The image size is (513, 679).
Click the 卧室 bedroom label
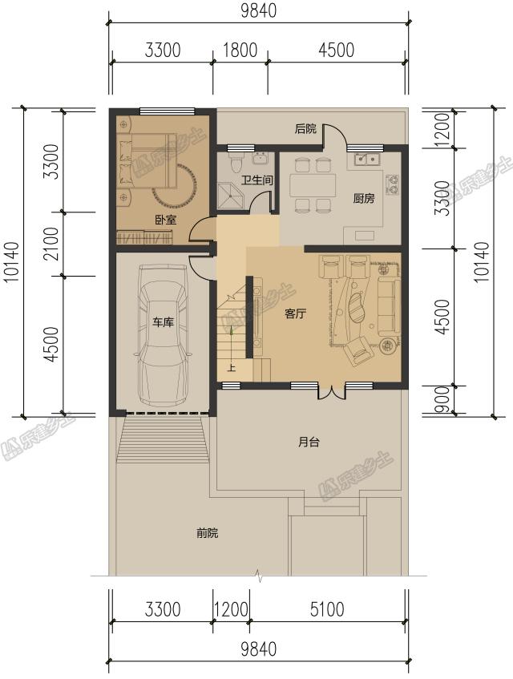166,220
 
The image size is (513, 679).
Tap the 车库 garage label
163,322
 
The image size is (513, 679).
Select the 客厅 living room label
295,313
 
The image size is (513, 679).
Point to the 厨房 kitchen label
364,198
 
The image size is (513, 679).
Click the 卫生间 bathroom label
257,180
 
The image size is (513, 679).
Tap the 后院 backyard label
305,128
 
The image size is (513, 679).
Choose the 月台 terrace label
309,443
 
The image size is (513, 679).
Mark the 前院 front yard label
208,532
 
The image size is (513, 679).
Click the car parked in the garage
163,336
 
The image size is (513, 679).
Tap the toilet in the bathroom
236,161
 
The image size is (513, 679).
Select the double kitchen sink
367,160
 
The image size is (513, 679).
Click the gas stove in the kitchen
393,184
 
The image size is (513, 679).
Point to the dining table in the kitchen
313,185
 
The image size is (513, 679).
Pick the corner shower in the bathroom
232,195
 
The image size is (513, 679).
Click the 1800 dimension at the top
240,51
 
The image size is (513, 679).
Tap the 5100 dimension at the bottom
327,610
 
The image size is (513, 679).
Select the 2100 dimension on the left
50,244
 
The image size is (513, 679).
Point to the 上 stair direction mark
232,369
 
